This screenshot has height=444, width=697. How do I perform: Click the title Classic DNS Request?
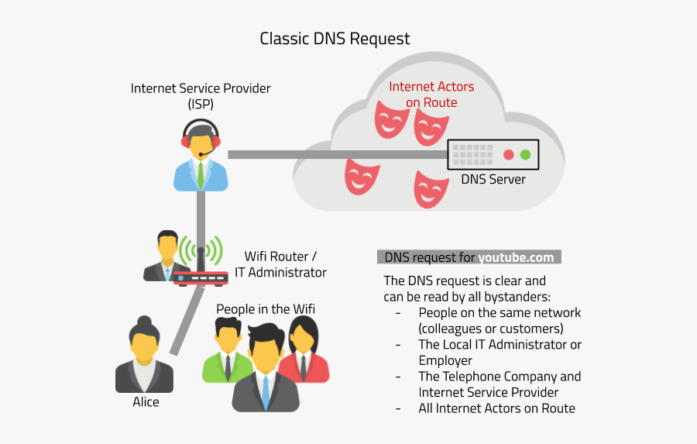(335, 38)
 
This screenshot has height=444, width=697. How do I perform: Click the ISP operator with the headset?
(201, 155)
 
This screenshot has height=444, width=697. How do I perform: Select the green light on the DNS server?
(526, 154)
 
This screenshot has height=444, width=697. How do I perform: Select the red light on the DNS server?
(509, 154)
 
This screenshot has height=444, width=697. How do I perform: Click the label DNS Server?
(493, 180)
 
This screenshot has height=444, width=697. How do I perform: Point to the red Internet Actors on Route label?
(431, 95)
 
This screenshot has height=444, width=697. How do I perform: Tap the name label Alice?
(146, 402)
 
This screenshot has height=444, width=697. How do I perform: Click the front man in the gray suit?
(266, 372)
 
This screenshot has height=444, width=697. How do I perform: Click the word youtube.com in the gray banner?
(516, 258)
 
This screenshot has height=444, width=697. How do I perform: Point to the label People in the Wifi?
(265, 309)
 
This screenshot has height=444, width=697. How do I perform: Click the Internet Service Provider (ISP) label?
(201, 95)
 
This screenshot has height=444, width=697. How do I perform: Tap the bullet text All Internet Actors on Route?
(496, 408)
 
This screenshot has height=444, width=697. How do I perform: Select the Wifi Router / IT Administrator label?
(280, 264)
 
